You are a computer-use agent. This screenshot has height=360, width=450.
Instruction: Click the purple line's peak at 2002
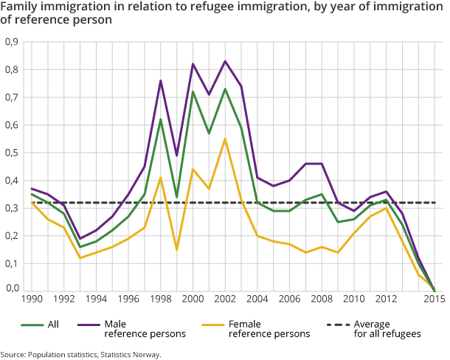coord(225,61)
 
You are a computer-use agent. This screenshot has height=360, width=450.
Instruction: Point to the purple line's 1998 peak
coord(161,80)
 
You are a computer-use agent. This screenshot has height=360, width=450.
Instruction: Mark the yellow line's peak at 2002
coord(225,139)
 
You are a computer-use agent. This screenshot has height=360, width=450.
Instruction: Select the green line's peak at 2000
coord(193,91)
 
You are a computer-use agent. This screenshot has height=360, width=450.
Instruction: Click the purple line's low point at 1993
coord(80,238)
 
